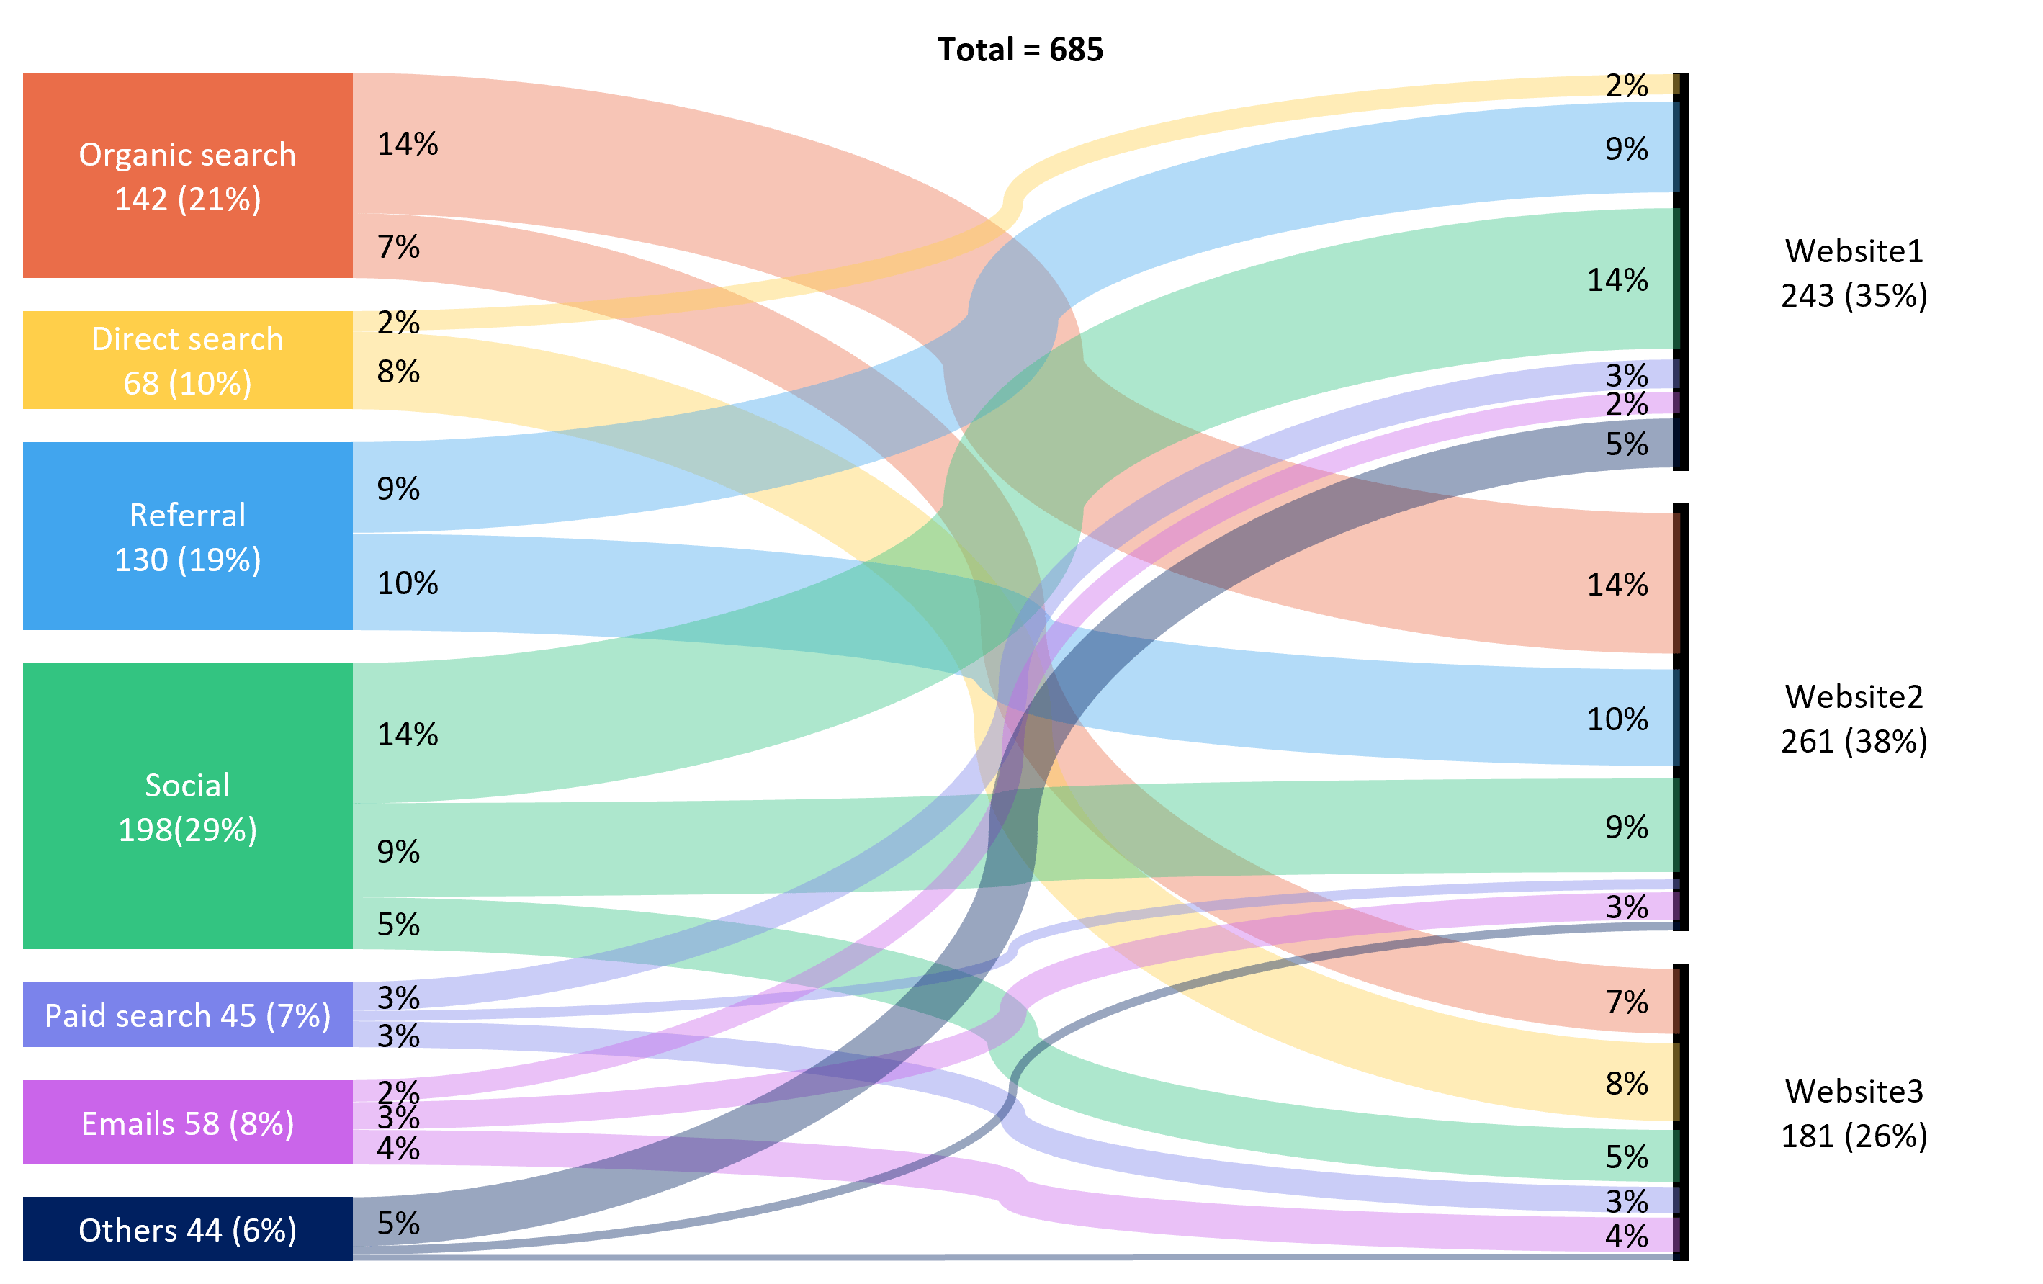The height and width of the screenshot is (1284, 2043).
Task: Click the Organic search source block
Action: click(x=187, y=175)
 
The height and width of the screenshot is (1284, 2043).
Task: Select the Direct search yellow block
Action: click(x=187, y=360)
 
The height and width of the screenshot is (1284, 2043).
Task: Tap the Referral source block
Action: click(x=187, y=536)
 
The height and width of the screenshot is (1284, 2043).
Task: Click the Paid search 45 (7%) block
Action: click(x=187, y=1014)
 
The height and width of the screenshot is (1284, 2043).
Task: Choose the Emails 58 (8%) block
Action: click(x=187, y=1122)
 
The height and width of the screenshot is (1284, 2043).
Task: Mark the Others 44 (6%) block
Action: click(x=187, y=1228)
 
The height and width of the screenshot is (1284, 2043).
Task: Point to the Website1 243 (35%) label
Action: click(x=1854, y=272)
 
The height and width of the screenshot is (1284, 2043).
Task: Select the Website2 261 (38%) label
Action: click(x=1854, y=718)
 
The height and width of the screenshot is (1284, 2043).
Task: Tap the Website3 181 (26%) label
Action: click(x=1854, y=1113)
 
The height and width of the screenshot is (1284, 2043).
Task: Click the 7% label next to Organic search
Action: click(x=398, y=246)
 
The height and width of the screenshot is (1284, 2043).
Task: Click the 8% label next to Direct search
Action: click(x=398, y=371)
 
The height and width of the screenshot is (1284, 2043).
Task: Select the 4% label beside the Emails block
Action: click(x=398, y=1148)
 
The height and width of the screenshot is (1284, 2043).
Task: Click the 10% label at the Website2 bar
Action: click(x=1617, y=719)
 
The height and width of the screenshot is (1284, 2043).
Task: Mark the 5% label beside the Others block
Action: click(x=398, y=1223)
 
